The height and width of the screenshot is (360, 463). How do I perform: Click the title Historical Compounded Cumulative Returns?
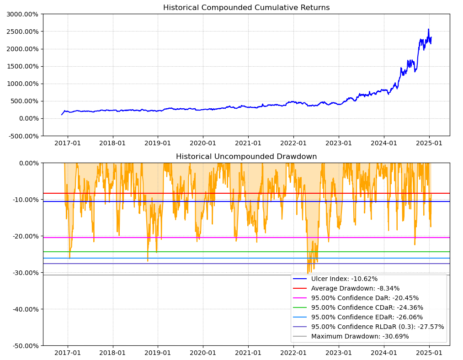[x=246, y=8]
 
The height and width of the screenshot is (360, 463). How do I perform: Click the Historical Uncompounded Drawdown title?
[x=246, y=157]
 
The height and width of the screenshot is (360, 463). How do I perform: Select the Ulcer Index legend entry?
[x=344, y=279]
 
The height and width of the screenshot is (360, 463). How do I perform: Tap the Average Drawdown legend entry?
[x=355, y=288]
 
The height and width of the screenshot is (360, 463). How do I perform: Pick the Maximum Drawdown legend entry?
[x=360, y=336]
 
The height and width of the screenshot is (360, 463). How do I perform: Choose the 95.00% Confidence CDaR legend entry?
[x=367, y=307]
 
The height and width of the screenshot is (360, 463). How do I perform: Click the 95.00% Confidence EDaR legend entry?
[x=367, y=317]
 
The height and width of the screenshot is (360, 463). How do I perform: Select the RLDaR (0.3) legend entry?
[x=378, y=327]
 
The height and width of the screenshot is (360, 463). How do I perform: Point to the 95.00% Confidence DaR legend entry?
[x=365, y=298]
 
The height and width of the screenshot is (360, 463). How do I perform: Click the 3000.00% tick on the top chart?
[x=22, y=14]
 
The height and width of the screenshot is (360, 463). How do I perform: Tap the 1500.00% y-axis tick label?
[x=22, y=66]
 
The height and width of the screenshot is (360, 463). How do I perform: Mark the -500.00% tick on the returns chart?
[x=22, y=136]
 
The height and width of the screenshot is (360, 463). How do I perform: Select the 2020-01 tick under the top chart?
[x=202, y=143]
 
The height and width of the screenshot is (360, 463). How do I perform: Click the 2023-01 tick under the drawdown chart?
[x=339, y=353]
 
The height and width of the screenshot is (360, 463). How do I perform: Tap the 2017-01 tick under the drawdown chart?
[x=68, y=353]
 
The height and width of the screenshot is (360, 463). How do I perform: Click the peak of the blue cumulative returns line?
[x=428, y=29]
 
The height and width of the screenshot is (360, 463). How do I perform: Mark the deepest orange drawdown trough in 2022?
[x=308, y=273]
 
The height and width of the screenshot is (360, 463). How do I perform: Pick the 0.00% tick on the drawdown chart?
[x=28, y=163]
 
